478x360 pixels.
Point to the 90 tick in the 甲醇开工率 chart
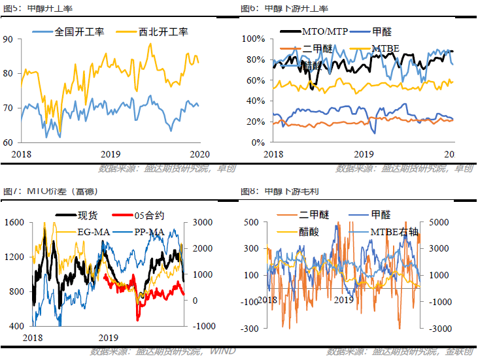click(x=9, y=39)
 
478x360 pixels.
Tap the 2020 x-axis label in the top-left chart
click(x=199, y=154)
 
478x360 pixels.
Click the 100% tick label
click(x=252, y=39)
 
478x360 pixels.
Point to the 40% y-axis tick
click(x=254, y=101)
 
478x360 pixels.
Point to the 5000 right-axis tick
click(x=435, y=223)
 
